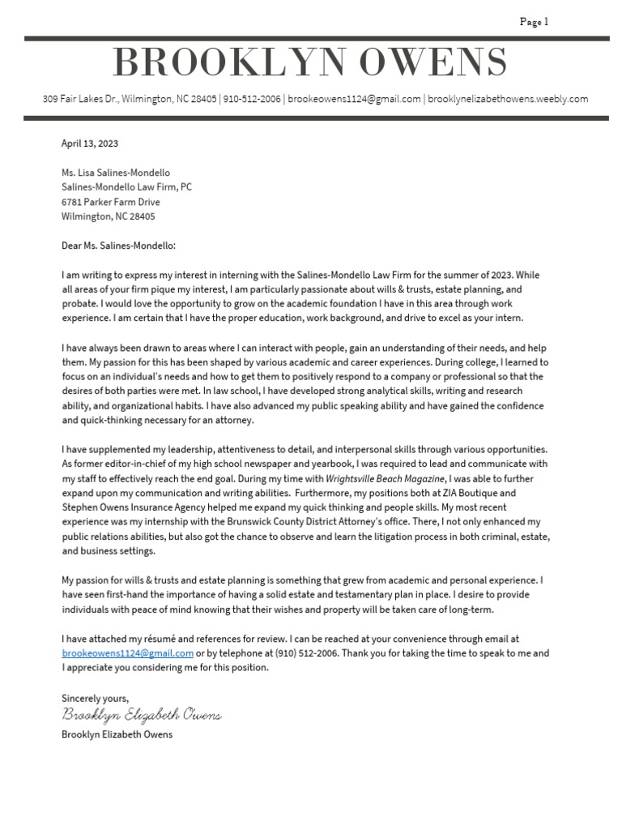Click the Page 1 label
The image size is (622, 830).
pyautogui.click(x=534, y=22)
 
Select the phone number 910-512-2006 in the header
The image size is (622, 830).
pyautogui.click(x=251, y=99)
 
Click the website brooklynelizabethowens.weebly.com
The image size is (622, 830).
pyautogui.click(x=508, y=99)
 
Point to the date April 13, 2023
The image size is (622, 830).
pyautogui.click(x=90, y=143)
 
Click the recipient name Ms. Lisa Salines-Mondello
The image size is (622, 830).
pyautogui.click(x=116, y=173)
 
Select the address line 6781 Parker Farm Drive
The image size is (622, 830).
pyautogui.click(x=111, y=202)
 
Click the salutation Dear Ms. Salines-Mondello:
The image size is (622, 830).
pyautogui.click(x=118, y=246)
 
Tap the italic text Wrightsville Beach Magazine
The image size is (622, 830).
pyautogui.click(x=385, y=478)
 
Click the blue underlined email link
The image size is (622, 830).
pyautogui.click(x=127, y=653)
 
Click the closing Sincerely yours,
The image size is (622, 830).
pyautogui.click(x=95, y=698)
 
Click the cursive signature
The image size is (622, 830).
pyautogui.click(x=142, y=716)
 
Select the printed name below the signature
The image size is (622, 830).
pyautogui.click(x=117, y=734)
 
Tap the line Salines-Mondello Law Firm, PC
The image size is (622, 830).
pyautogui.click(x=126, y=187)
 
